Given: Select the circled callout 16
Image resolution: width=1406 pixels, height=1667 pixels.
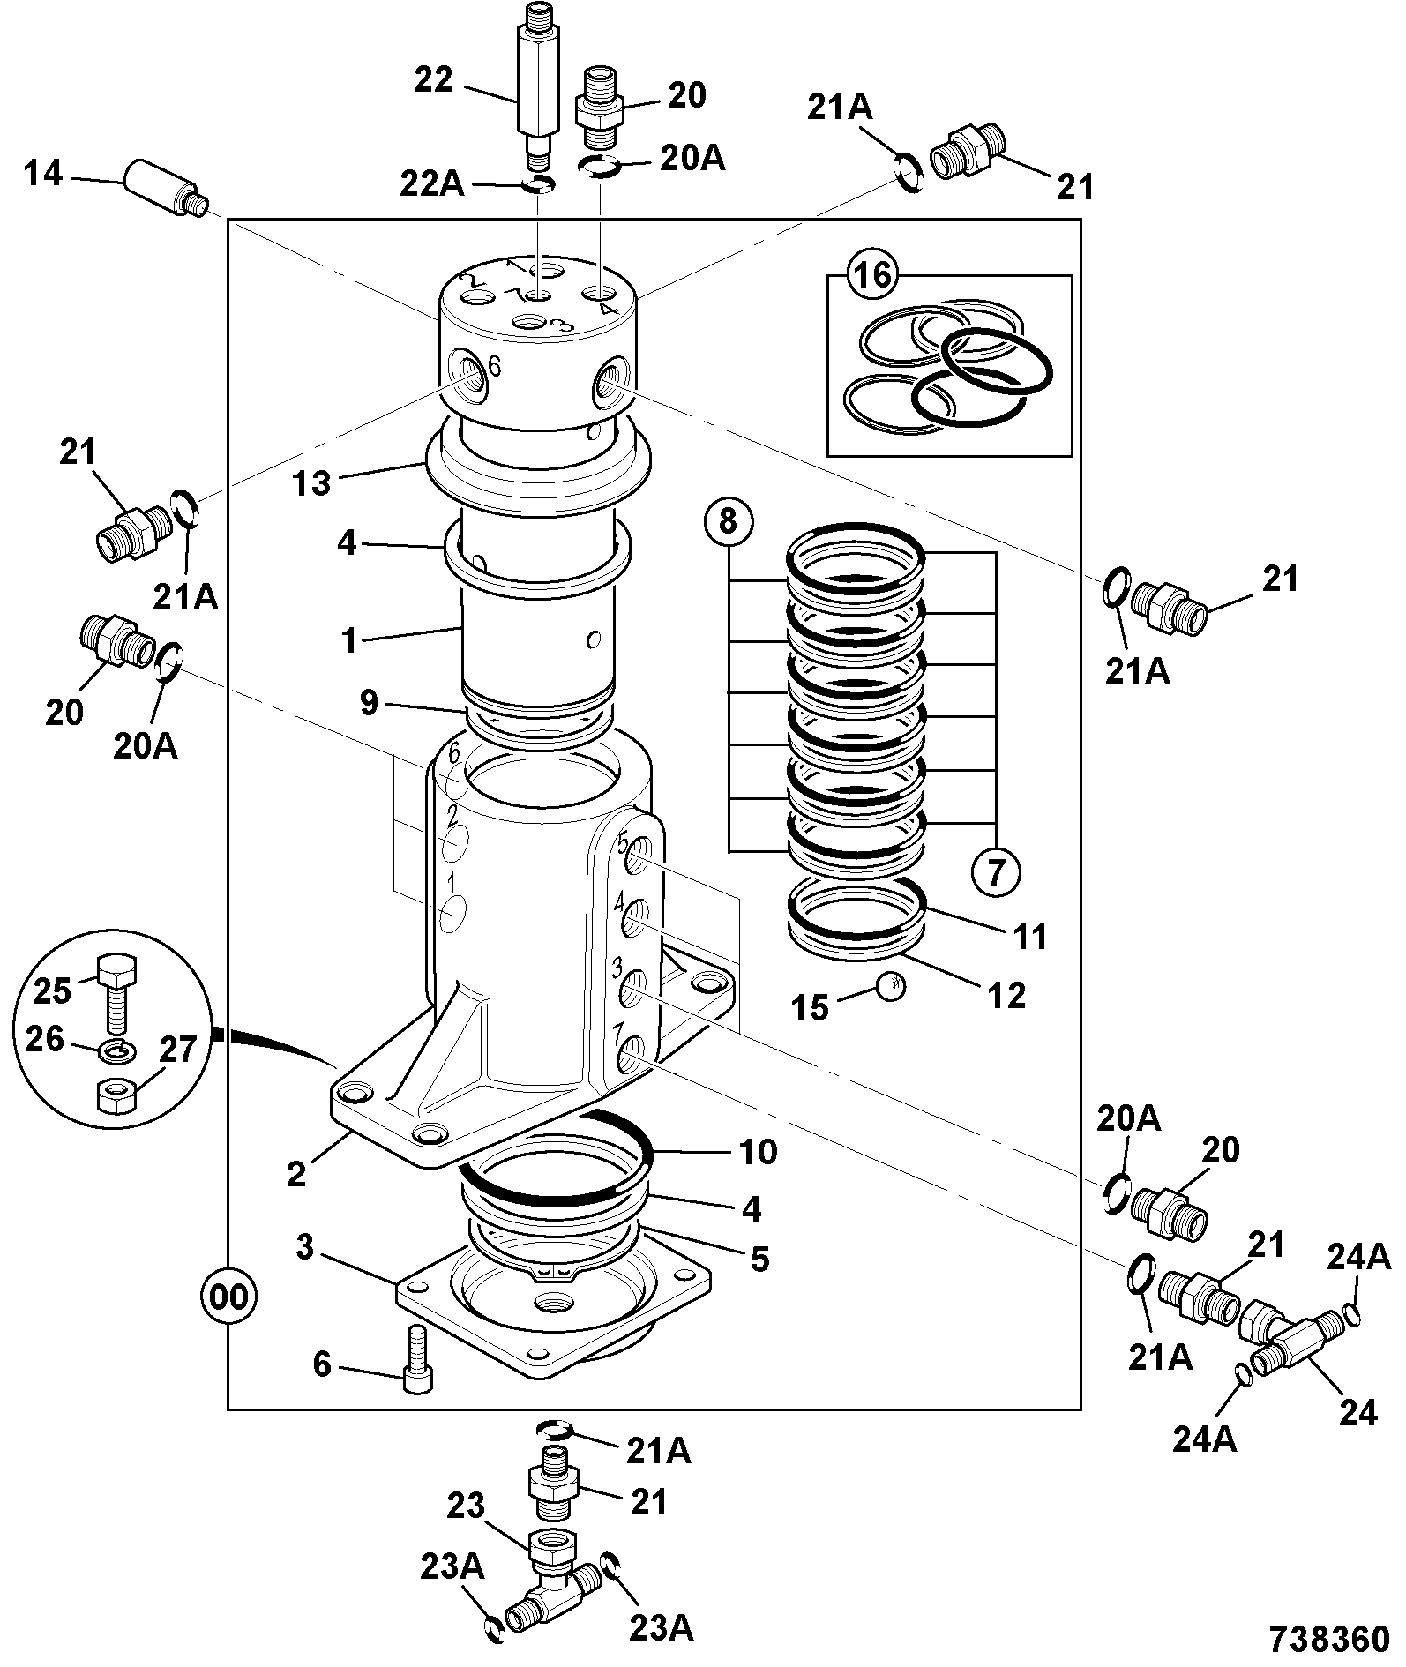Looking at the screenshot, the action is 873,276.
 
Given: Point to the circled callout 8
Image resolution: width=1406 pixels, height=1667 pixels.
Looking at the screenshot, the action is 728,521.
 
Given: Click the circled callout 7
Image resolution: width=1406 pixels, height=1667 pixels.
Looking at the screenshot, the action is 997,872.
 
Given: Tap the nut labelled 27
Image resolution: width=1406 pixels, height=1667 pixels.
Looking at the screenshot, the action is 114,1098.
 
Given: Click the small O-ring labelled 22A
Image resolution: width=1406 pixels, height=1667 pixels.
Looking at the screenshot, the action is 537,183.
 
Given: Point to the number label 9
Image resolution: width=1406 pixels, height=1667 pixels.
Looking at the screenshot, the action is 369,702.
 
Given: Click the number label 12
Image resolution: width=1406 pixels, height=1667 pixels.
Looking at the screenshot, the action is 1007,995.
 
